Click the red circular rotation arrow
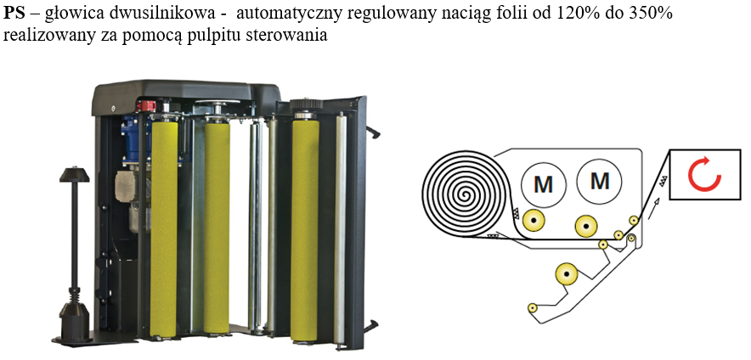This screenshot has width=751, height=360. [x=704, y=173]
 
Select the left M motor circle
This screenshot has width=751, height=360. [x=538, y=181]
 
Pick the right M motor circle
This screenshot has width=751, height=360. [x=600, y=180]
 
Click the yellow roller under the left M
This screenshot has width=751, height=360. [x=533, y=220]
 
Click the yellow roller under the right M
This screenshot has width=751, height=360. [x=585, y=226]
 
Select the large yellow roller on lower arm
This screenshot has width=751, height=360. [x=567, y=274]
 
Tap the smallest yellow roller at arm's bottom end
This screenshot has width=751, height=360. [x=532, y=307]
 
